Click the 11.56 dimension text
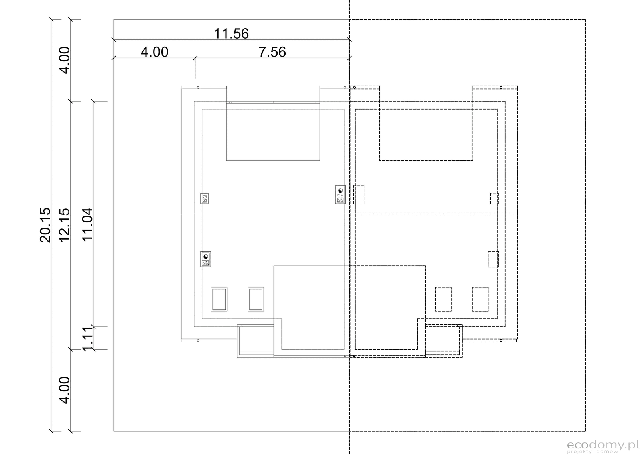click(x=231, y=34)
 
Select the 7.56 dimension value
click(x=272, y=52)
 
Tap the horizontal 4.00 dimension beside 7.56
click(x=154, y=52)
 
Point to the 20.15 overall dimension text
click(x=45, y=225)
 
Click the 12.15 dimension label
click(x=64, y=225)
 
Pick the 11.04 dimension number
click(x=87, y=224)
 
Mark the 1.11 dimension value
click(x=87, y=339)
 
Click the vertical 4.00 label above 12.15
click(x=64, y=60)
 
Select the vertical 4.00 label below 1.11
click(x=64, y=390)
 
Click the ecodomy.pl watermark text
click(x=603, y=445)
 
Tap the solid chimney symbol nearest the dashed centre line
click(x=341, y=195)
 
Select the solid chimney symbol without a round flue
click(x=205, y=198)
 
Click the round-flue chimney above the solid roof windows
click(x=206, y=259)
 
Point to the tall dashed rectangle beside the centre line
click(x=359, y=195)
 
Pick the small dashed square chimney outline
click(x=494, y=198)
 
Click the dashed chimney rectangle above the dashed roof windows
click(x=493, y=259)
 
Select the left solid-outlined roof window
click(x=219, y=299)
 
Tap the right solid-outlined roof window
click(x=256, y=299)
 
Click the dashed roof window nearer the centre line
click(x=443, y=299)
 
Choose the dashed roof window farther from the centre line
click(x=480, y=299)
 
